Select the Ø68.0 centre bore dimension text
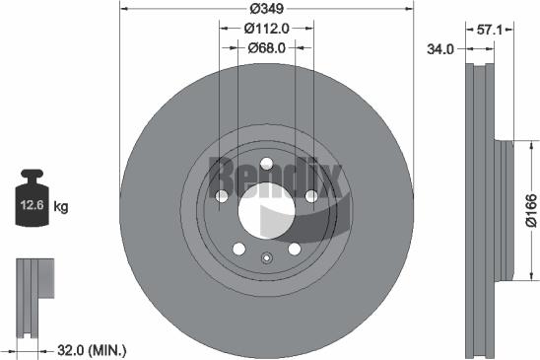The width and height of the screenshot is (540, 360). point(266,47)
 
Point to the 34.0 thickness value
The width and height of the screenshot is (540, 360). point(438,47)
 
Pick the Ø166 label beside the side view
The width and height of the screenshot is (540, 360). point(530,211)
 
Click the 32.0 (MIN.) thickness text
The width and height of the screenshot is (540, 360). point(94,349)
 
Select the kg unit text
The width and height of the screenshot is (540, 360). point(61,206)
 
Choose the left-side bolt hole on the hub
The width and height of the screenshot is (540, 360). point(221,197)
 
